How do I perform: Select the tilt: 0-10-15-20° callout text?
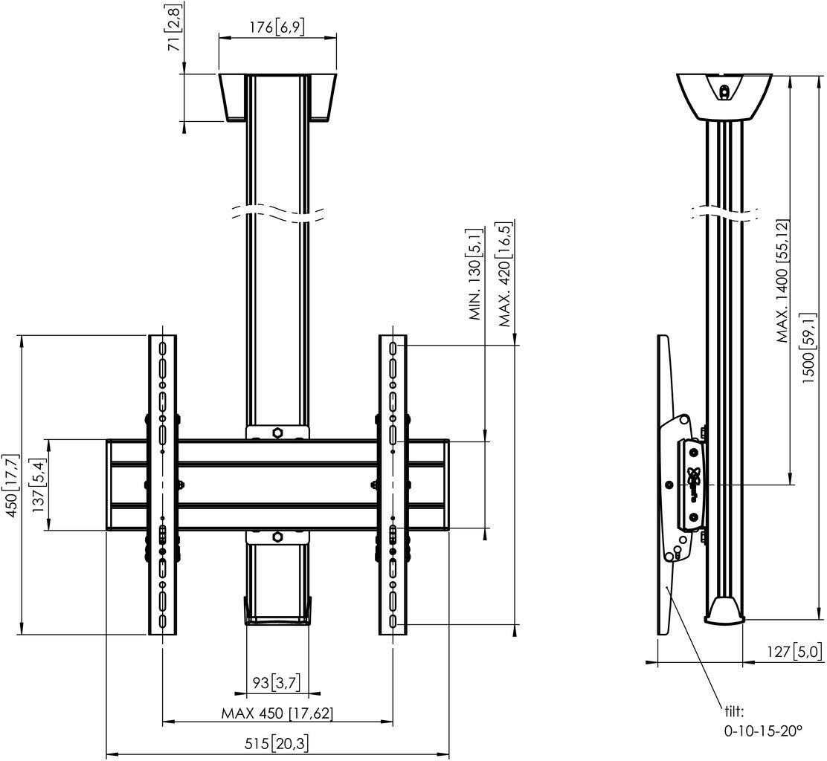coord(763,722)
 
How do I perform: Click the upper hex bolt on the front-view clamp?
coord(277,431)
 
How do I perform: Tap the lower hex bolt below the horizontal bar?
coord(277,536)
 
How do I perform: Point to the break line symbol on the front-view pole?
coord(277,211)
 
